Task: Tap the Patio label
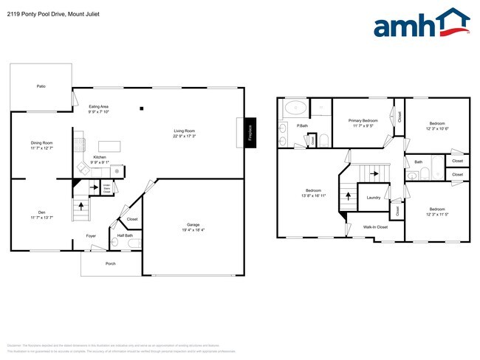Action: coord(41,87)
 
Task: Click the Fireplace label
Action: coord(250,133)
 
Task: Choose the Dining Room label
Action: coord(41,142)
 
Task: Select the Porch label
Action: coord(111,263)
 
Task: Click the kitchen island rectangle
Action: coord(110,145)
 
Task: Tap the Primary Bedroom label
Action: coord(364,120)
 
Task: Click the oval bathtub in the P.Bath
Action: coord(295,108)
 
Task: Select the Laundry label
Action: coord(373,197)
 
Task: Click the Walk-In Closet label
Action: coord(375,227)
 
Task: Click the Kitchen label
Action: coord(99,158)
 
